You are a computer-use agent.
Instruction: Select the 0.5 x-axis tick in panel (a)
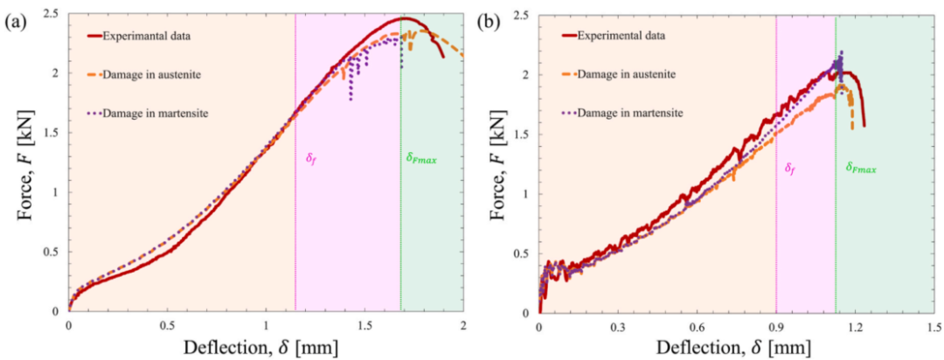point(168,325)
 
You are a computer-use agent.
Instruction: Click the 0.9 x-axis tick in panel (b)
point(776,325)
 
